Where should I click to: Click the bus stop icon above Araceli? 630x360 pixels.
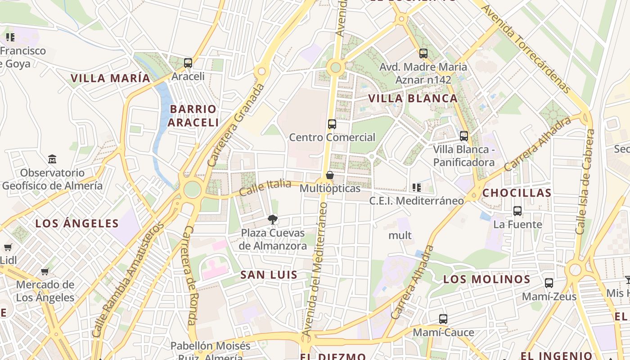(x=188, y=63)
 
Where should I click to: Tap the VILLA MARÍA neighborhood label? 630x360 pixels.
(x=110, y=78)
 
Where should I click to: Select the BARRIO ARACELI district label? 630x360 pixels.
(x=193, y=116)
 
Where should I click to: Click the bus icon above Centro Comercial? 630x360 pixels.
(x=332, y=124)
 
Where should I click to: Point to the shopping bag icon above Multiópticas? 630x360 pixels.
(x=330, y=175)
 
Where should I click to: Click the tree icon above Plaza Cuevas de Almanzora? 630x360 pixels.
(x=272, y=220)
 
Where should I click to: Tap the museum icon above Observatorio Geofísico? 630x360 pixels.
(x=52, y=159)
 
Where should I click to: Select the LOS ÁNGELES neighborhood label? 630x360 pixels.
(x=77, y=223)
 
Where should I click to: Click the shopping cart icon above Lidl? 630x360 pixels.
(x=8, y=247)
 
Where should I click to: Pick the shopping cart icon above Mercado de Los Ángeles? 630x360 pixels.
(x=45, y=271)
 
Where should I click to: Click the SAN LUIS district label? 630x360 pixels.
(x=269, y=275)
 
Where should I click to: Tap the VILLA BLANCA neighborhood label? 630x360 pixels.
(x=413, y=99)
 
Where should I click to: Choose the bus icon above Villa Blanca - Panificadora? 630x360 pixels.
(x=464, y=136)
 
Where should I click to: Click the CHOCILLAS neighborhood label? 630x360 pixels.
(x=517, y=193)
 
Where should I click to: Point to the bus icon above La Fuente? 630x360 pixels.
(x=517, y=211)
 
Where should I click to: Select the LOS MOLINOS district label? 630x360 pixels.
(x=486, y=279)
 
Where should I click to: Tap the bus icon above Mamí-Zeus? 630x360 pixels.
(x=549, y=283)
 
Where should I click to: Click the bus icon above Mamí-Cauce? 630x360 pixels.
(x=443, y=319)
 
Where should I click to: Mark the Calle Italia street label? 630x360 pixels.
(x=265, y=187)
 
